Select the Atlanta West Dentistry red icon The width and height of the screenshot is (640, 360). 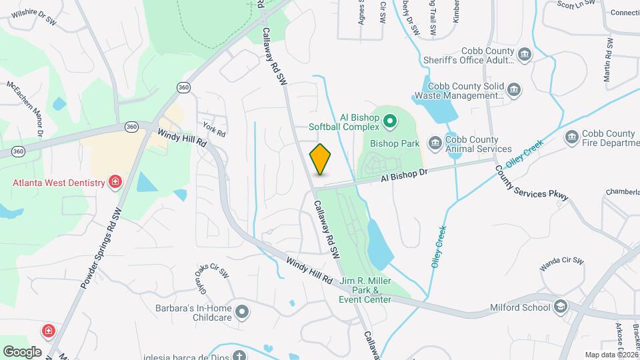pos(115,182)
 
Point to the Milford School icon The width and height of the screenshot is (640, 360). pos(561,307)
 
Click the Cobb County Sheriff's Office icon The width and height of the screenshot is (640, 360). pos(525,54)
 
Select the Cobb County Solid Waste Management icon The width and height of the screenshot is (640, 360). pos(514,89)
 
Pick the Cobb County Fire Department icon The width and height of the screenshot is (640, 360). pos(571,138)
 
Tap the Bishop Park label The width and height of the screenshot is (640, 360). pos(394,143)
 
